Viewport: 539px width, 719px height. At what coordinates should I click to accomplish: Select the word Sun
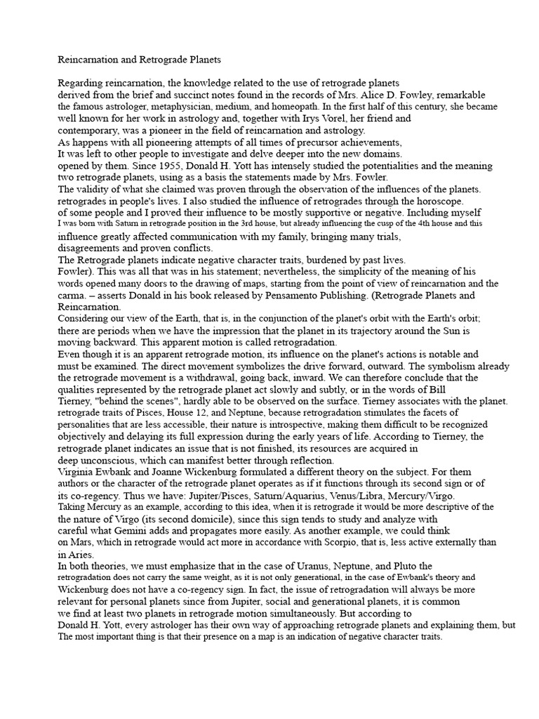(446, 330)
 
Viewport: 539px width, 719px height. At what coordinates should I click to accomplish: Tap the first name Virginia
(76, 473)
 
